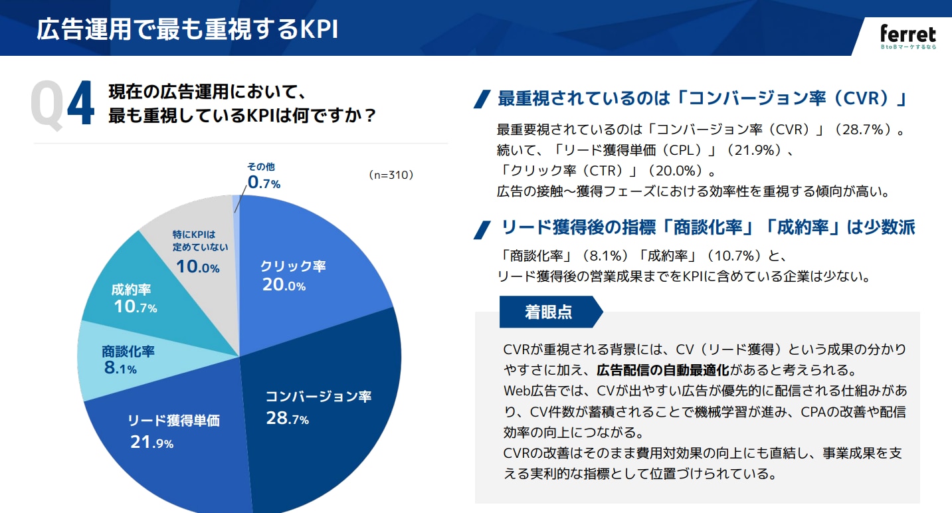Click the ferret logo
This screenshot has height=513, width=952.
coord(907,37)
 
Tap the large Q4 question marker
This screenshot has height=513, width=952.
coord(63,105)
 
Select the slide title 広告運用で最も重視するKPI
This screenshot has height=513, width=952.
coord(187,30)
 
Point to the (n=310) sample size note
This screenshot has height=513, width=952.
coord(391,175)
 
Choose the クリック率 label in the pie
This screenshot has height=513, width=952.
coord(293,266)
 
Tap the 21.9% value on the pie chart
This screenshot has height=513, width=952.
coord(152,442)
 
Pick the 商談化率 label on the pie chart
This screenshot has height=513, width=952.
coord(128,351)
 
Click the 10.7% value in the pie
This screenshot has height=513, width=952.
coord(135,307)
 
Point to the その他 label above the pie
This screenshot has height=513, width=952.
coord(261,167)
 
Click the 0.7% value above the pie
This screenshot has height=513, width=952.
coord(264,182)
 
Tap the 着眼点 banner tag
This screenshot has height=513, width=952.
coord(549,312)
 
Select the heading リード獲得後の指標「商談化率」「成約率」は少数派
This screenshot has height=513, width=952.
coord(708,227)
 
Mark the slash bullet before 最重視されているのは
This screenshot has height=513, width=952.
coord(482,99)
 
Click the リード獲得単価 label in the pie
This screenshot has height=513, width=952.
coord(173,420)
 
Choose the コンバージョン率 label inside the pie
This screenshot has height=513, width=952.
coord(318,397)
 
